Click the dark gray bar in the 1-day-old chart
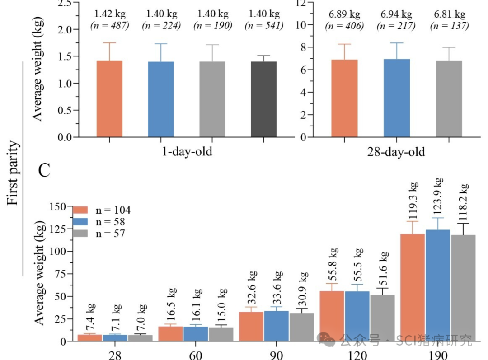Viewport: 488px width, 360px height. pos(263,99)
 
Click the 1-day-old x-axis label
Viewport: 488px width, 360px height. pos(187,151)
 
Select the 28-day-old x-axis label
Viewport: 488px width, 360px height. pos(396,152)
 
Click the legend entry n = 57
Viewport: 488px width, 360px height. pos(110,234)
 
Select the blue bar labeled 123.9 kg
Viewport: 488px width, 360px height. pos(438,285)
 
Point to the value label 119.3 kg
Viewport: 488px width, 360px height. pos(413,201)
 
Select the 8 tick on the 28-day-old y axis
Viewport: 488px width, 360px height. pos(302,47)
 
